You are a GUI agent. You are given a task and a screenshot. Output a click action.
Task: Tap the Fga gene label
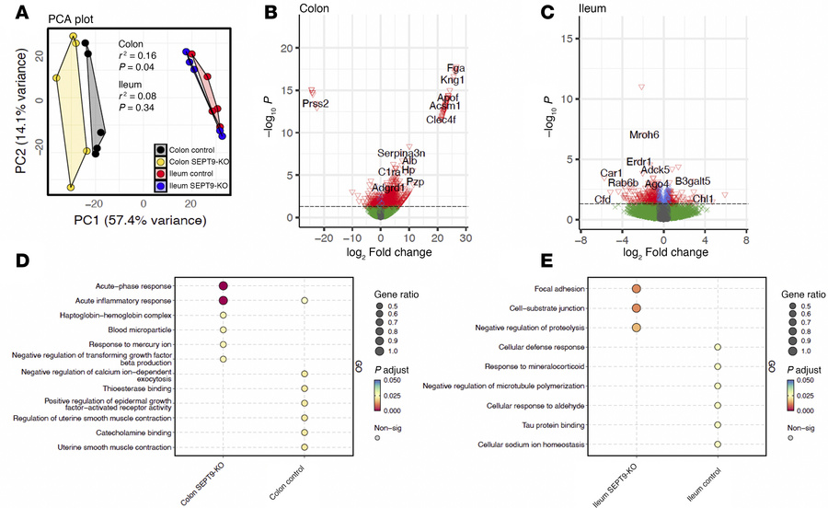click(x=454, y=68)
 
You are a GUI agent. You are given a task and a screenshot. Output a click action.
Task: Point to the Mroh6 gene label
click(x=644, y=135)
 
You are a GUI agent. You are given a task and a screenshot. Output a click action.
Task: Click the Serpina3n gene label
click(x=401, y=152)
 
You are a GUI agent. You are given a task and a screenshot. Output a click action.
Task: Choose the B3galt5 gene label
click(x=692, y=181)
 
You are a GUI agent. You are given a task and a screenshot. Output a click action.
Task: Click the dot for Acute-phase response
click(x=223, y=286)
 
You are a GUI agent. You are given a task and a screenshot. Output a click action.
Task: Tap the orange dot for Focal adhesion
click(x=636, y=286)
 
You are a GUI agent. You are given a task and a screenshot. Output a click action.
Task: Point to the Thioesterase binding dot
click(x=305, y=388)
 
